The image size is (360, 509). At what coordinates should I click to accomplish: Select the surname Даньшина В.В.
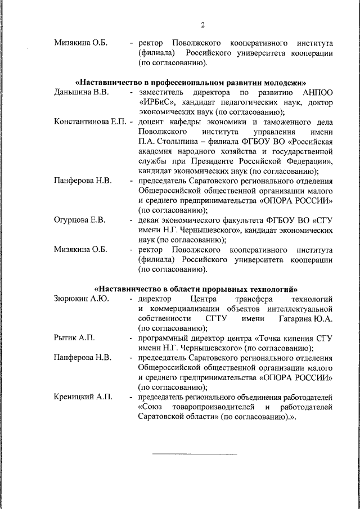pos(81,92)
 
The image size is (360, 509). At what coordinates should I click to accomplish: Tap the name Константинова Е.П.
pos(90,121)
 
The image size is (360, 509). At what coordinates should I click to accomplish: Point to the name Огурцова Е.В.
pos(80,219)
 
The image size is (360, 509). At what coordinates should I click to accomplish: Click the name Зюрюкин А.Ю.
pos(81,298)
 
